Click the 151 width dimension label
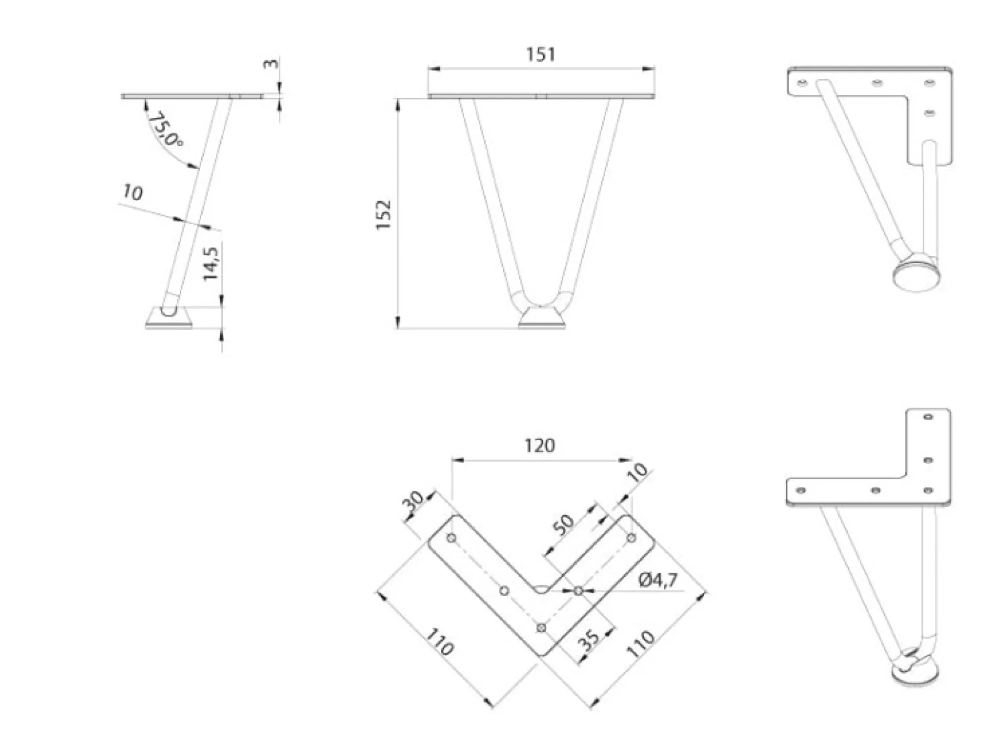540,54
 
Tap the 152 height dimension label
384,214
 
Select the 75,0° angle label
165,130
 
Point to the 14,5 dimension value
211,263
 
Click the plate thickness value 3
271,63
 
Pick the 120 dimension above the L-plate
540,446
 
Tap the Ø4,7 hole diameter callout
658,580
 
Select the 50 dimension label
564,524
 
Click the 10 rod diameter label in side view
132,193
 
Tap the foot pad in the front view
542,319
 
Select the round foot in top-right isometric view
916,276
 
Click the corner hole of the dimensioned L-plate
542,628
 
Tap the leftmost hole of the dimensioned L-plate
452,538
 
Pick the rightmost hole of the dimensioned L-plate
631,538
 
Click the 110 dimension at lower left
439,642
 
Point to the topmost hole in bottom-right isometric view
928,417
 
